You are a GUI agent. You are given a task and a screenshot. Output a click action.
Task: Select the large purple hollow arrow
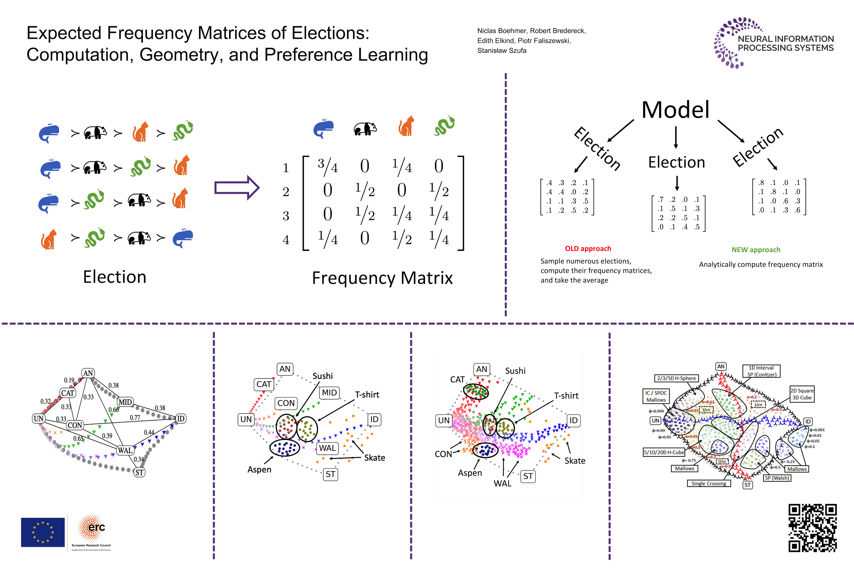237,188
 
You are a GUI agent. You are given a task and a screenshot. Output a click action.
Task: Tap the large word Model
675,110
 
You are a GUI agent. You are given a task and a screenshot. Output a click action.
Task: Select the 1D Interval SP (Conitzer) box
761,371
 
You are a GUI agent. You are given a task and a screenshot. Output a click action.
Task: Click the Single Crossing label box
709,483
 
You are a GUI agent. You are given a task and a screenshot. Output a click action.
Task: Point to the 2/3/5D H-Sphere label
676,378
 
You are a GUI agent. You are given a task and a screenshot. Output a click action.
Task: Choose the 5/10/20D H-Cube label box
663,452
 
